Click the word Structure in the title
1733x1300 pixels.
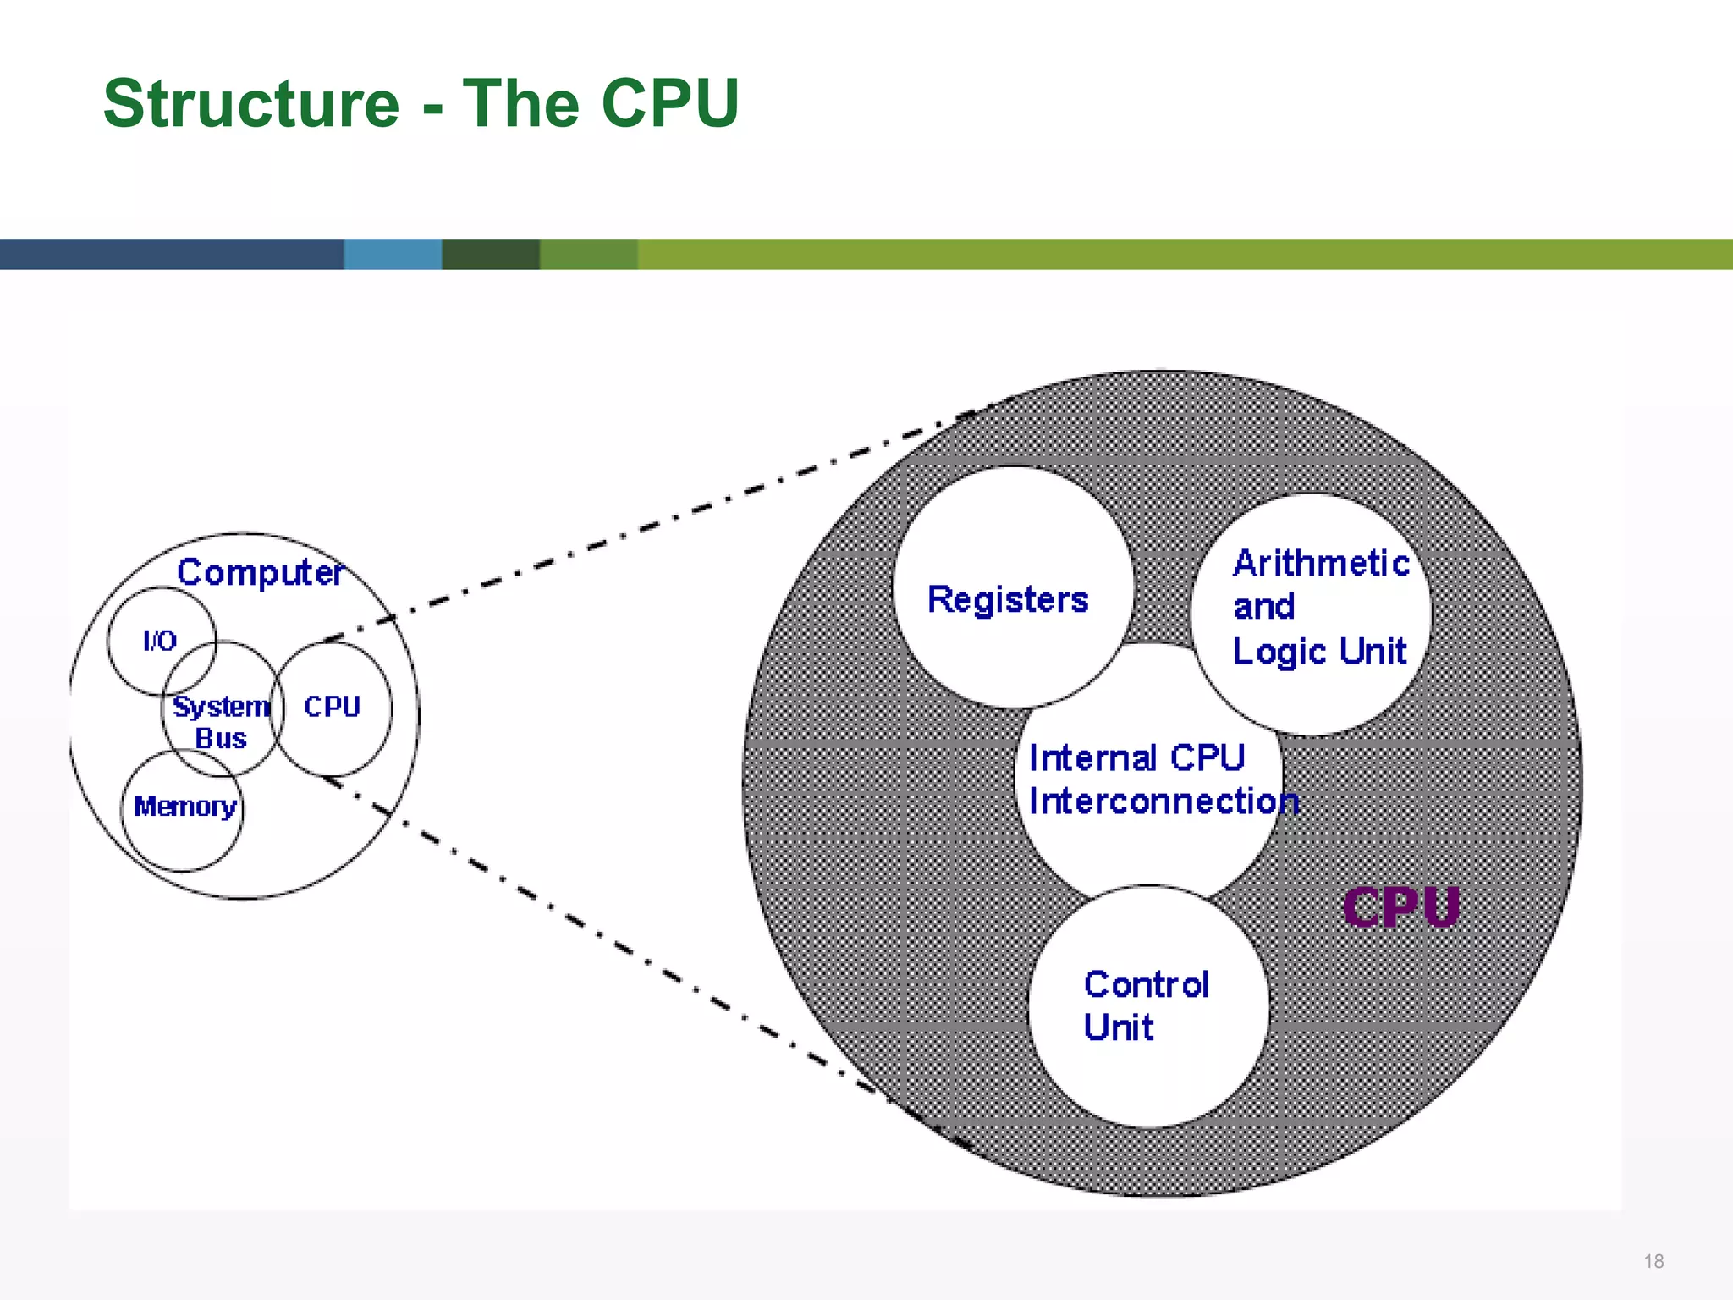point(250,103)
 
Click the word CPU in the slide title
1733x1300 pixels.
point(670,103)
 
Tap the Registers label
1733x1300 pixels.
point(1007,599)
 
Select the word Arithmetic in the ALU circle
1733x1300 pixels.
point(1320,563)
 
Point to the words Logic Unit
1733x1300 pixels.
point(1318,652)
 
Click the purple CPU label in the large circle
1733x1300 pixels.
point(1400,908)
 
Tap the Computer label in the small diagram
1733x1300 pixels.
point(259,573)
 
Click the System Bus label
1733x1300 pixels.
point(220,722)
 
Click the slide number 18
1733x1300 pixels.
point(1653,1261)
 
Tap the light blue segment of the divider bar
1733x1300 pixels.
point(392,254)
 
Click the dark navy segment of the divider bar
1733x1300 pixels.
point(169,254)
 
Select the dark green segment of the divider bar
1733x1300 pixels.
point(491,254)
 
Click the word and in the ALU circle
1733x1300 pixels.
point(1263,607)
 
